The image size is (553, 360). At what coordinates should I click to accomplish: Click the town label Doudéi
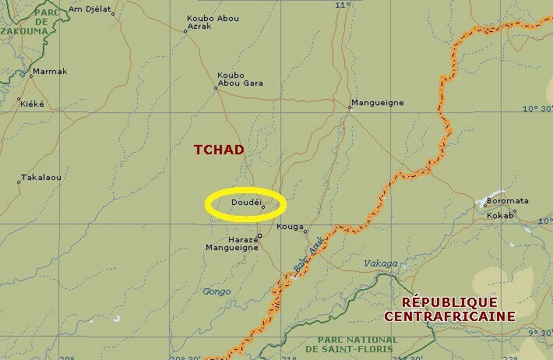(245, 202)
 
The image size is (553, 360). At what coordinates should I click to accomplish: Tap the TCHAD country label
(219, 150)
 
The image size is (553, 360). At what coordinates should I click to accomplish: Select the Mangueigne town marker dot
(350, 108)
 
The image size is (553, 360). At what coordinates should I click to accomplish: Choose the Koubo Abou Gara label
(240, 79)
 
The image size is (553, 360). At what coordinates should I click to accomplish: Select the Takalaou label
(41, 178)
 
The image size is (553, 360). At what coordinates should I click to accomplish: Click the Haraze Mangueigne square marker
(259, 235)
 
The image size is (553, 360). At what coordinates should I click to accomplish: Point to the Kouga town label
(290, 226)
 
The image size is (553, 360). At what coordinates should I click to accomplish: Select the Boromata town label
(507, 201)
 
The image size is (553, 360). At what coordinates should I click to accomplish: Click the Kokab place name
(500, 215)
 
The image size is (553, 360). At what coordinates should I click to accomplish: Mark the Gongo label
(217, 291)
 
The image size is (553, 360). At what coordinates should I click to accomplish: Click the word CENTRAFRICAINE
(449, 316)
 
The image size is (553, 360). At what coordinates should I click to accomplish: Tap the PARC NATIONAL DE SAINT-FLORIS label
(358, 344)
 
